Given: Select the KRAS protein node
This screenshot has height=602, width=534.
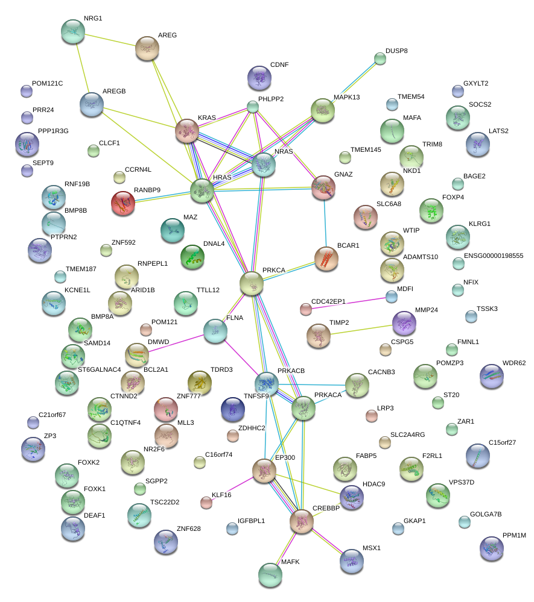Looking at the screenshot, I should point(187,131).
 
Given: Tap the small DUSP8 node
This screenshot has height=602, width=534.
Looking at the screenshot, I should point(380,58).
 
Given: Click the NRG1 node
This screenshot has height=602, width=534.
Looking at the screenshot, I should point(73,31).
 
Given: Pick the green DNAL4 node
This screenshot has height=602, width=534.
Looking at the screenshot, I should point(192,257).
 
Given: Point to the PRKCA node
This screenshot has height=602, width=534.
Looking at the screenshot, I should point(252,283).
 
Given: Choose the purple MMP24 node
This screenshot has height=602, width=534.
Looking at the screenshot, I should point(404,323).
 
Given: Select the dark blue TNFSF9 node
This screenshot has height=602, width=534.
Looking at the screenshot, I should point(232,409).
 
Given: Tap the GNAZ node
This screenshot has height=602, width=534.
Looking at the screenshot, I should point(323,189).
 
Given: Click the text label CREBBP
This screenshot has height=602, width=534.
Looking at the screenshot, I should point(326,508).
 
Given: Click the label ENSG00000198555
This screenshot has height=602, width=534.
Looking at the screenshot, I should point(494,256).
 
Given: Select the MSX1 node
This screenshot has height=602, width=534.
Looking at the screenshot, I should point(352,560).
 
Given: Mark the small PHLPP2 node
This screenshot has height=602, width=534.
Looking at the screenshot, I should point(253,107).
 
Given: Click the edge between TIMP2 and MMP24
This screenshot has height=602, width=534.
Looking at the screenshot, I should point(361,330).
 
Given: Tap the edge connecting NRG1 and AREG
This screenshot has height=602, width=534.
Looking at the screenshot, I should point(110,39).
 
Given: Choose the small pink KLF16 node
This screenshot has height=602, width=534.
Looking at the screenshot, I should point(206,503).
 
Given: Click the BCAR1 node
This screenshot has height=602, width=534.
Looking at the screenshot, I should point(326,258).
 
